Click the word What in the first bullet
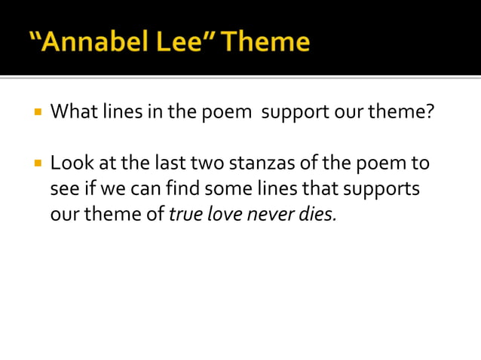72,114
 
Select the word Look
69,163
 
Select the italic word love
222,214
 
